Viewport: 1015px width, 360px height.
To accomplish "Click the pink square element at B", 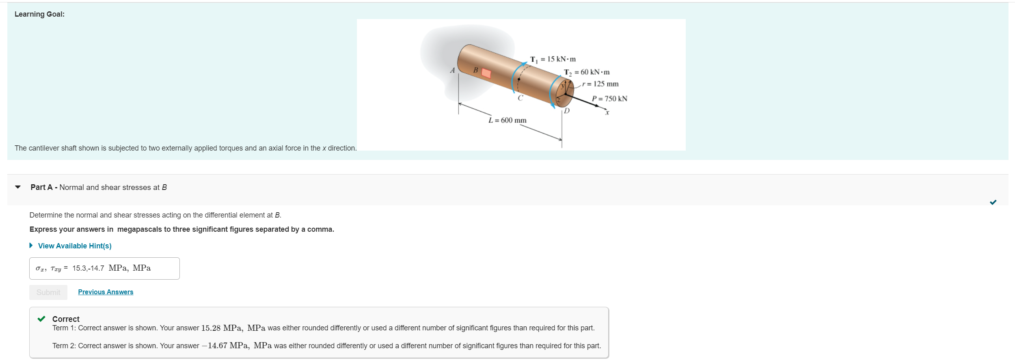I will coord(486,73).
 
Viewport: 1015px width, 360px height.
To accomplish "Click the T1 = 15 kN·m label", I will coord(553,59).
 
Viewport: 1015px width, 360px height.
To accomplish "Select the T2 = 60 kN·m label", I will coord(587,72).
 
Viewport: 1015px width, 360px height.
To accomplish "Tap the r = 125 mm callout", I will coord(600,84).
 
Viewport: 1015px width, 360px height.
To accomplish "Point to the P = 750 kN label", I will coord(609,99).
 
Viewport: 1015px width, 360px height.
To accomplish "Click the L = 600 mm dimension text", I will coord(508,120).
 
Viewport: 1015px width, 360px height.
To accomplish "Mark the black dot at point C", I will coord(518,80).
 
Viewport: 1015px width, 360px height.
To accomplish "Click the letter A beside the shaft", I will coord(452,71).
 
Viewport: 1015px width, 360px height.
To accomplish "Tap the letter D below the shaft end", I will coord(567,110).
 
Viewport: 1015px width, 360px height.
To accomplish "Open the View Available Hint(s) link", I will coord(75,246).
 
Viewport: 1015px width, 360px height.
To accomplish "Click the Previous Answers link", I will coord(106,292).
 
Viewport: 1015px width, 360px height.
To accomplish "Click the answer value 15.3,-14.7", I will coord(88,268).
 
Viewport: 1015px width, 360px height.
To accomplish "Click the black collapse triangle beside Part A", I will coord(18,187).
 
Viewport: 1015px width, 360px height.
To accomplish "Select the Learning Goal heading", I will coord(39,14).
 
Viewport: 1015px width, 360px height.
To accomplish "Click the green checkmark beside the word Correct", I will coord(41,319).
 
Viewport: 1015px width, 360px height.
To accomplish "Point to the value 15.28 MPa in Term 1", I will coord(222,328).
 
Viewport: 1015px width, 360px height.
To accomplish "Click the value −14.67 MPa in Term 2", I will coord(225,346).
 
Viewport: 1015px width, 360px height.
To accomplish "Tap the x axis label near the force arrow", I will coord(607,113).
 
